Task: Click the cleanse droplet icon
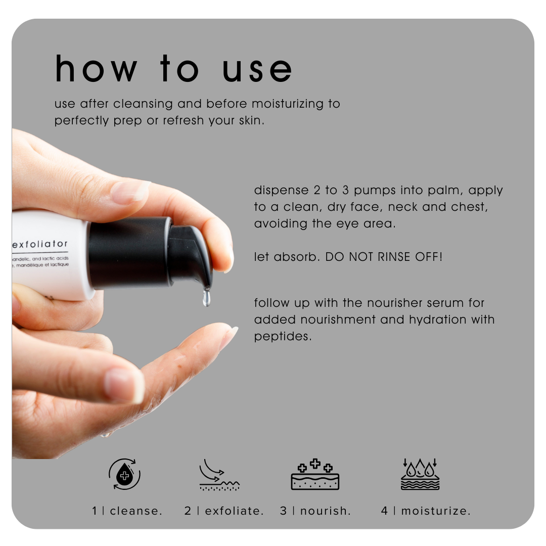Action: tap(124, 474)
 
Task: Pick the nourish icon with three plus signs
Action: tap(315, 474)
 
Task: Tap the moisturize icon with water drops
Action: tap(420, 474)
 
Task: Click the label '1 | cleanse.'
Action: tap(127, 511)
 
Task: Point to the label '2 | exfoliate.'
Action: tap(224, 511)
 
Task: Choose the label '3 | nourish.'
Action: tap(315, 511)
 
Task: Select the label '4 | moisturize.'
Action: tap(426, 511)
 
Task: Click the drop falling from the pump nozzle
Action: tap(206, 298)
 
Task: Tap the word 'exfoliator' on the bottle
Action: tap(40, 244)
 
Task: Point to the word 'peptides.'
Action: tap(283, 337)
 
